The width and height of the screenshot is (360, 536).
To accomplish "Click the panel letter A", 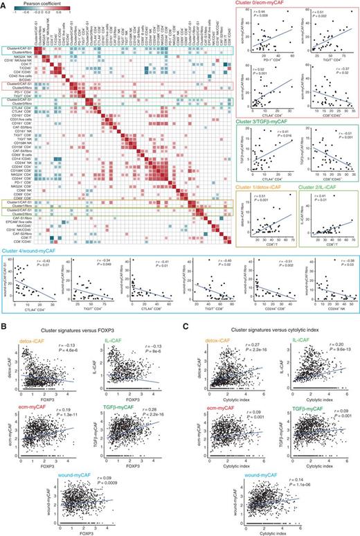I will [3, 3].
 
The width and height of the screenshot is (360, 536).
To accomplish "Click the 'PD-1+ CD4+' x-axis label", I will [268, 56].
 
